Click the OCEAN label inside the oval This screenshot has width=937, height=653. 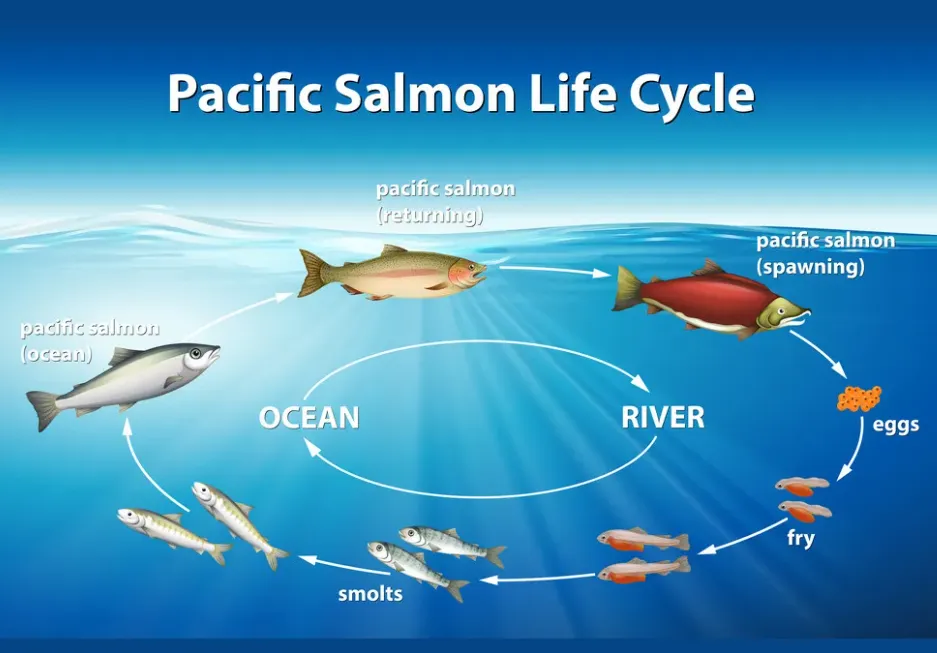tap(309, 417)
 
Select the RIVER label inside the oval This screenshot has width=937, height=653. tap(663, 417)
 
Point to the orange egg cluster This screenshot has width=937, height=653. tap(859, 398)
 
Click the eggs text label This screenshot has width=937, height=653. tap(895, 425)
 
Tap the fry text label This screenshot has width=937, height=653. tap(801, 539)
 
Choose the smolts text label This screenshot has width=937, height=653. tap(370, 594)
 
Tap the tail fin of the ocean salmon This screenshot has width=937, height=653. tap(44, 409)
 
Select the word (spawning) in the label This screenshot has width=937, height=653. tap(810, 267)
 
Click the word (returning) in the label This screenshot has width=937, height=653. tap(430, 214)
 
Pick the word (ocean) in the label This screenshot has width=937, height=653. tap(56, 354)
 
